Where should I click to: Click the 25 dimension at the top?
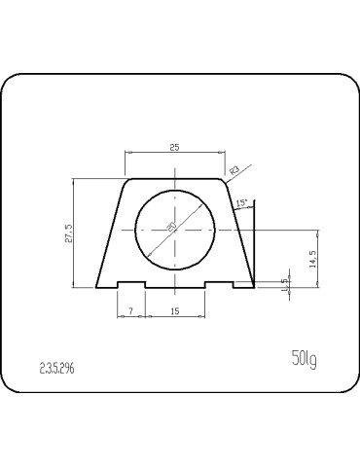[x=174, y=147]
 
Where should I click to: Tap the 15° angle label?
[x=241, y=202]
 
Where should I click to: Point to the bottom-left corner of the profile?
[x=98, y=289]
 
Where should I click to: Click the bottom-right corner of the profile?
[x=254, y=289]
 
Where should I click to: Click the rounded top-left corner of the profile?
[x=127, y=181]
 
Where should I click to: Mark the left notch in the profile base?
[x=131, y=284]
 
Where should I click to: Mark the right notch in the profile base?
[x=219, y=284]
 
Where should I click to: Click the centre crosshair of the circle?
[x=175, y=230]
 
